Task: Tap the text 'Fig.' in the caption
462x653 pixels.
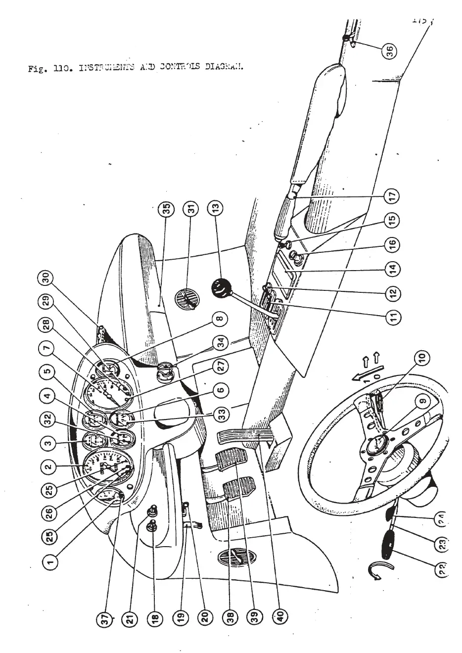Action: [35, 69]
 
